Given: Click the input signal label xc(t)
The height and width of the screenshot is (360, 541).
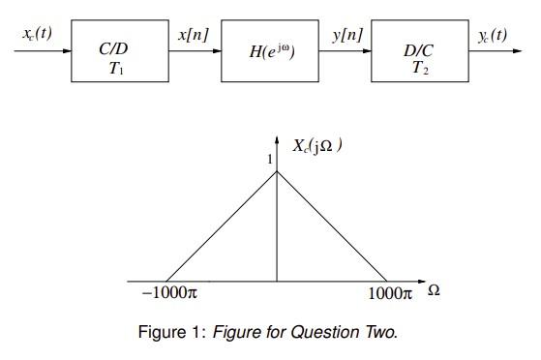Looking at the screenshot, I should [37, 33].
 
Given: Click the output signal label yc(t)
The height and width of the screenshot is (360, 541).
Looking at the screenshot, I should [491, 34].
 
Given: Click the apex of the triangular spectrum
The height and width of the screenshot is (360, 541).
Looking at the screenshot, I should [278, 172].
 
